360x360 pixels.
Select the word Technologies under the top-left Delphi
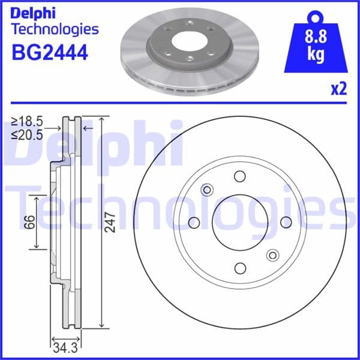pyautogui.click(x=55, y=29)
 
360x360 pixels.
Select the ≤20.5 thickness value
pyautogui.click(x=27, y=135)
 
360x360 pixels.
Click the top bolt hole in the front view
pyautogui.click(x=240, y=176)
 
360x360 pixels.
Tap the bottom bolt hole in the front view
pyautogui.click(x=240, y=268)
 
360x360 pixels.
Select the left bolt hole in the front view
pyautogui.click(x=194, y=223)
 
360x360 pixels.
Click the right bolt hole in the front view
pyautogui.click(x=286, y=223)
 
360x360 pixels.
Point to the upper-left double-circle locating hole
pyautogui.click(x=208, y=190)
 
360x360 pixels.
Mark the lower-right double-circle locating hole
pyautogui.click(x=272, y=254)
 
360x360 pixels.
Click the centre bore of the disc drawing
pyautogui.click(x=240, y=223)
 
